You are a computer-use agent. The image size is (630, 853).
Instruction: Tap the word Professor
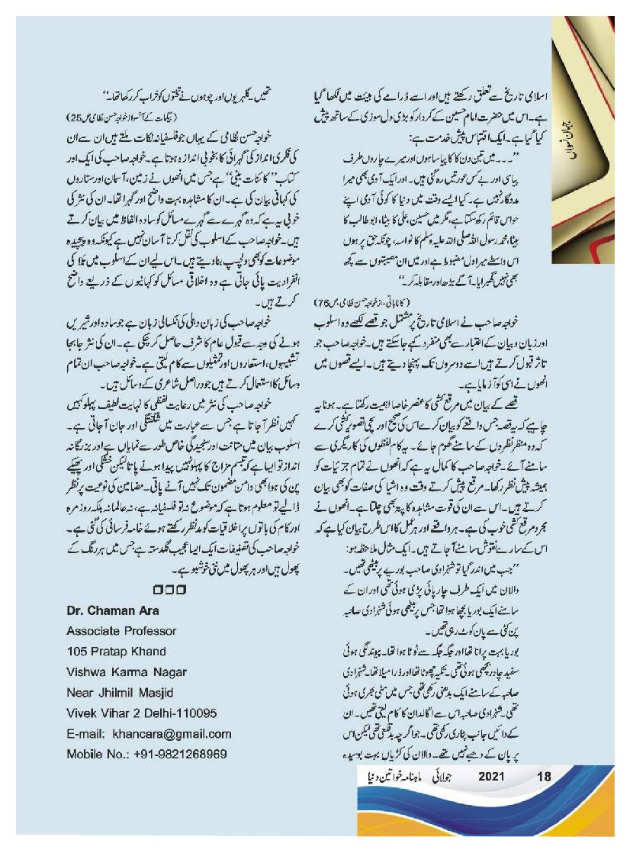pyautogui.click(x=150, y=631)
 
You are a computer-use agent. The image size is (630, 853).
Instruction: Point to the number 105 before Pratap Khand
pyautogui.click(x=77, y=652)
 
